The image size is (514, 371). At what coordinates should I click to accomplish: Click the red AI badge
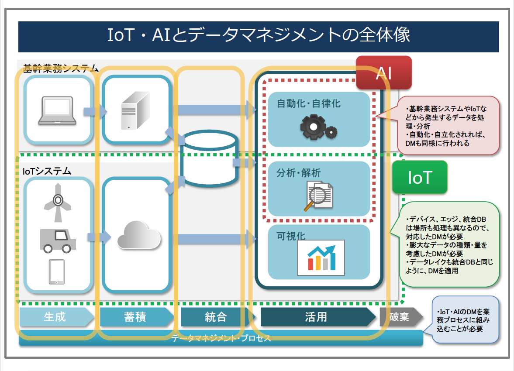[x=384, y=73]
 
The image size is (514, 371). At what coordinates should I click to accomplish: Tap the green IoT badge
[x=420, y=177]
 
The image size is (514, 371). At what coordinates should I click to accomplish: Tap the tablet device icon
[x=56, y=272]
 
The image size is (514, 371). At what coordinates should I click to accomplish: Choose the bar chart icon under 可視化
[x=321, y=258]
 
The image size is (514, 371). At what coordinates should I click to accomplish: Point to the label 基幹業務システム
[x=61, y=69]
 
